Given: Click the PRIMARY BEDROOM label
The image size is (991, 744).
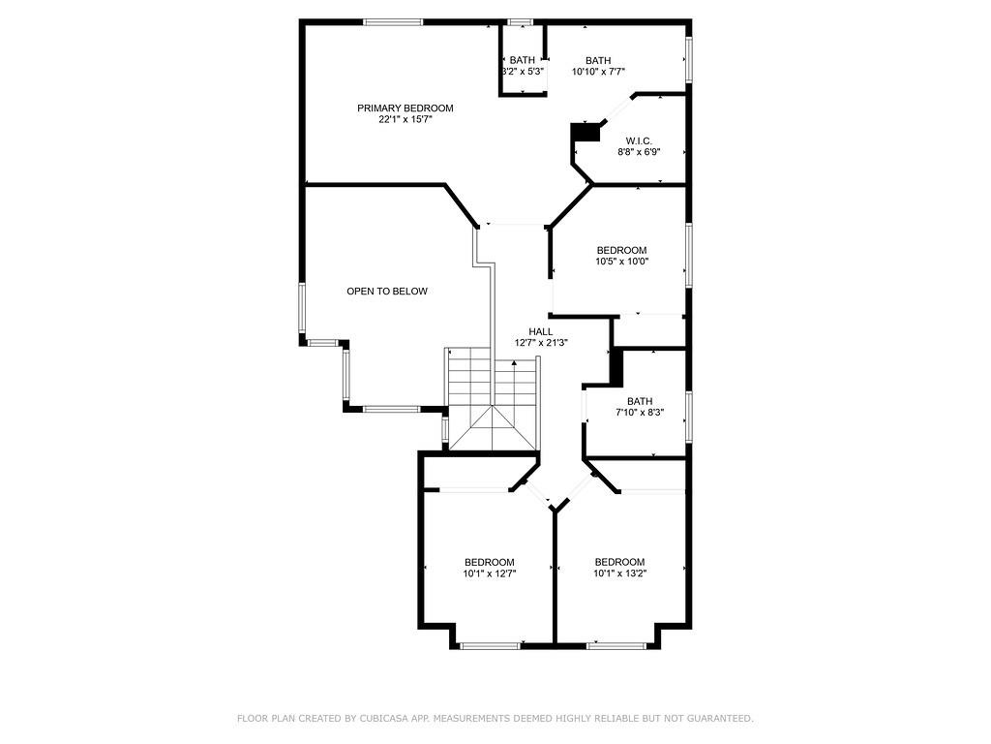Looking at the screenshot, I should coord(405,108).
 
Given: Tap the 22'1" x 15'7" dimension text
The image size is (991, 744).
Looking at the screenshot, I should coord(405,120).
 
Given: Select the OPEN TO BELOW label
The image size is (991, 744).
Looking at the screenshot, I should coord(387,292).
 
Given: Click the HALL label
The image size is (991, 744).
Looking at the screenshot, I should coord(541,331).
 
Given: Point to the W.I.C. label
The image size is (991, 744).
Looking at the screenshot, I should coord(639,140).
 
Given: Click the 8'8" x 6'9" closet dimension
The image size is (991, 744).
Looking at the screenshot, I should coord(639,152).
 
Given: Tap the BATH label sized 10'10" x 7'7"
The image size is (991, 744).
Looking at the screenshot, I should coord(598,60).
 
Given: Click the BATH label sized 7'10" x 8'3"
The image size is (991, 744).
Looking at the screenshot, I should coord(640,401).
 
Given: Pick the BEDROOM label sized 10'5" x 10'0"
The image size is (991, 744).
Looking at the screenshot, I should coord(621,250).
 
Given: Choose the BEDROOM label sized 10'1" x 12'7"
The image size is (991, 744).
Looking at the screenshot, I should coord(489,563).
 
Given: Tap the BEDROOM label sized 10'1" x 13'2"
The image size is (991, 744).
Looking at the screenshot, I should coord(619,563).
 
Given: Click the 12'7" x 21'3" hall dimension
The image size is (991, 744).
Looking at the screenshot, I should coord(541,343).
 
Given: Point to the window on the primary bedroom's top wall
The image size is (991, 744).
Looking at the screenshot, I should coord(393,21).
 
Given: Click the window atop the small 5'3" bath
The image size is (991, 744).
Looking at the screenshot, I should coord(521,21).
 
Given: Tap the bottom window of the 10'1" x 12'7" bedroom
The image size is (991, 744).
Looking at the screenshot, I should coord(491,644).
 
